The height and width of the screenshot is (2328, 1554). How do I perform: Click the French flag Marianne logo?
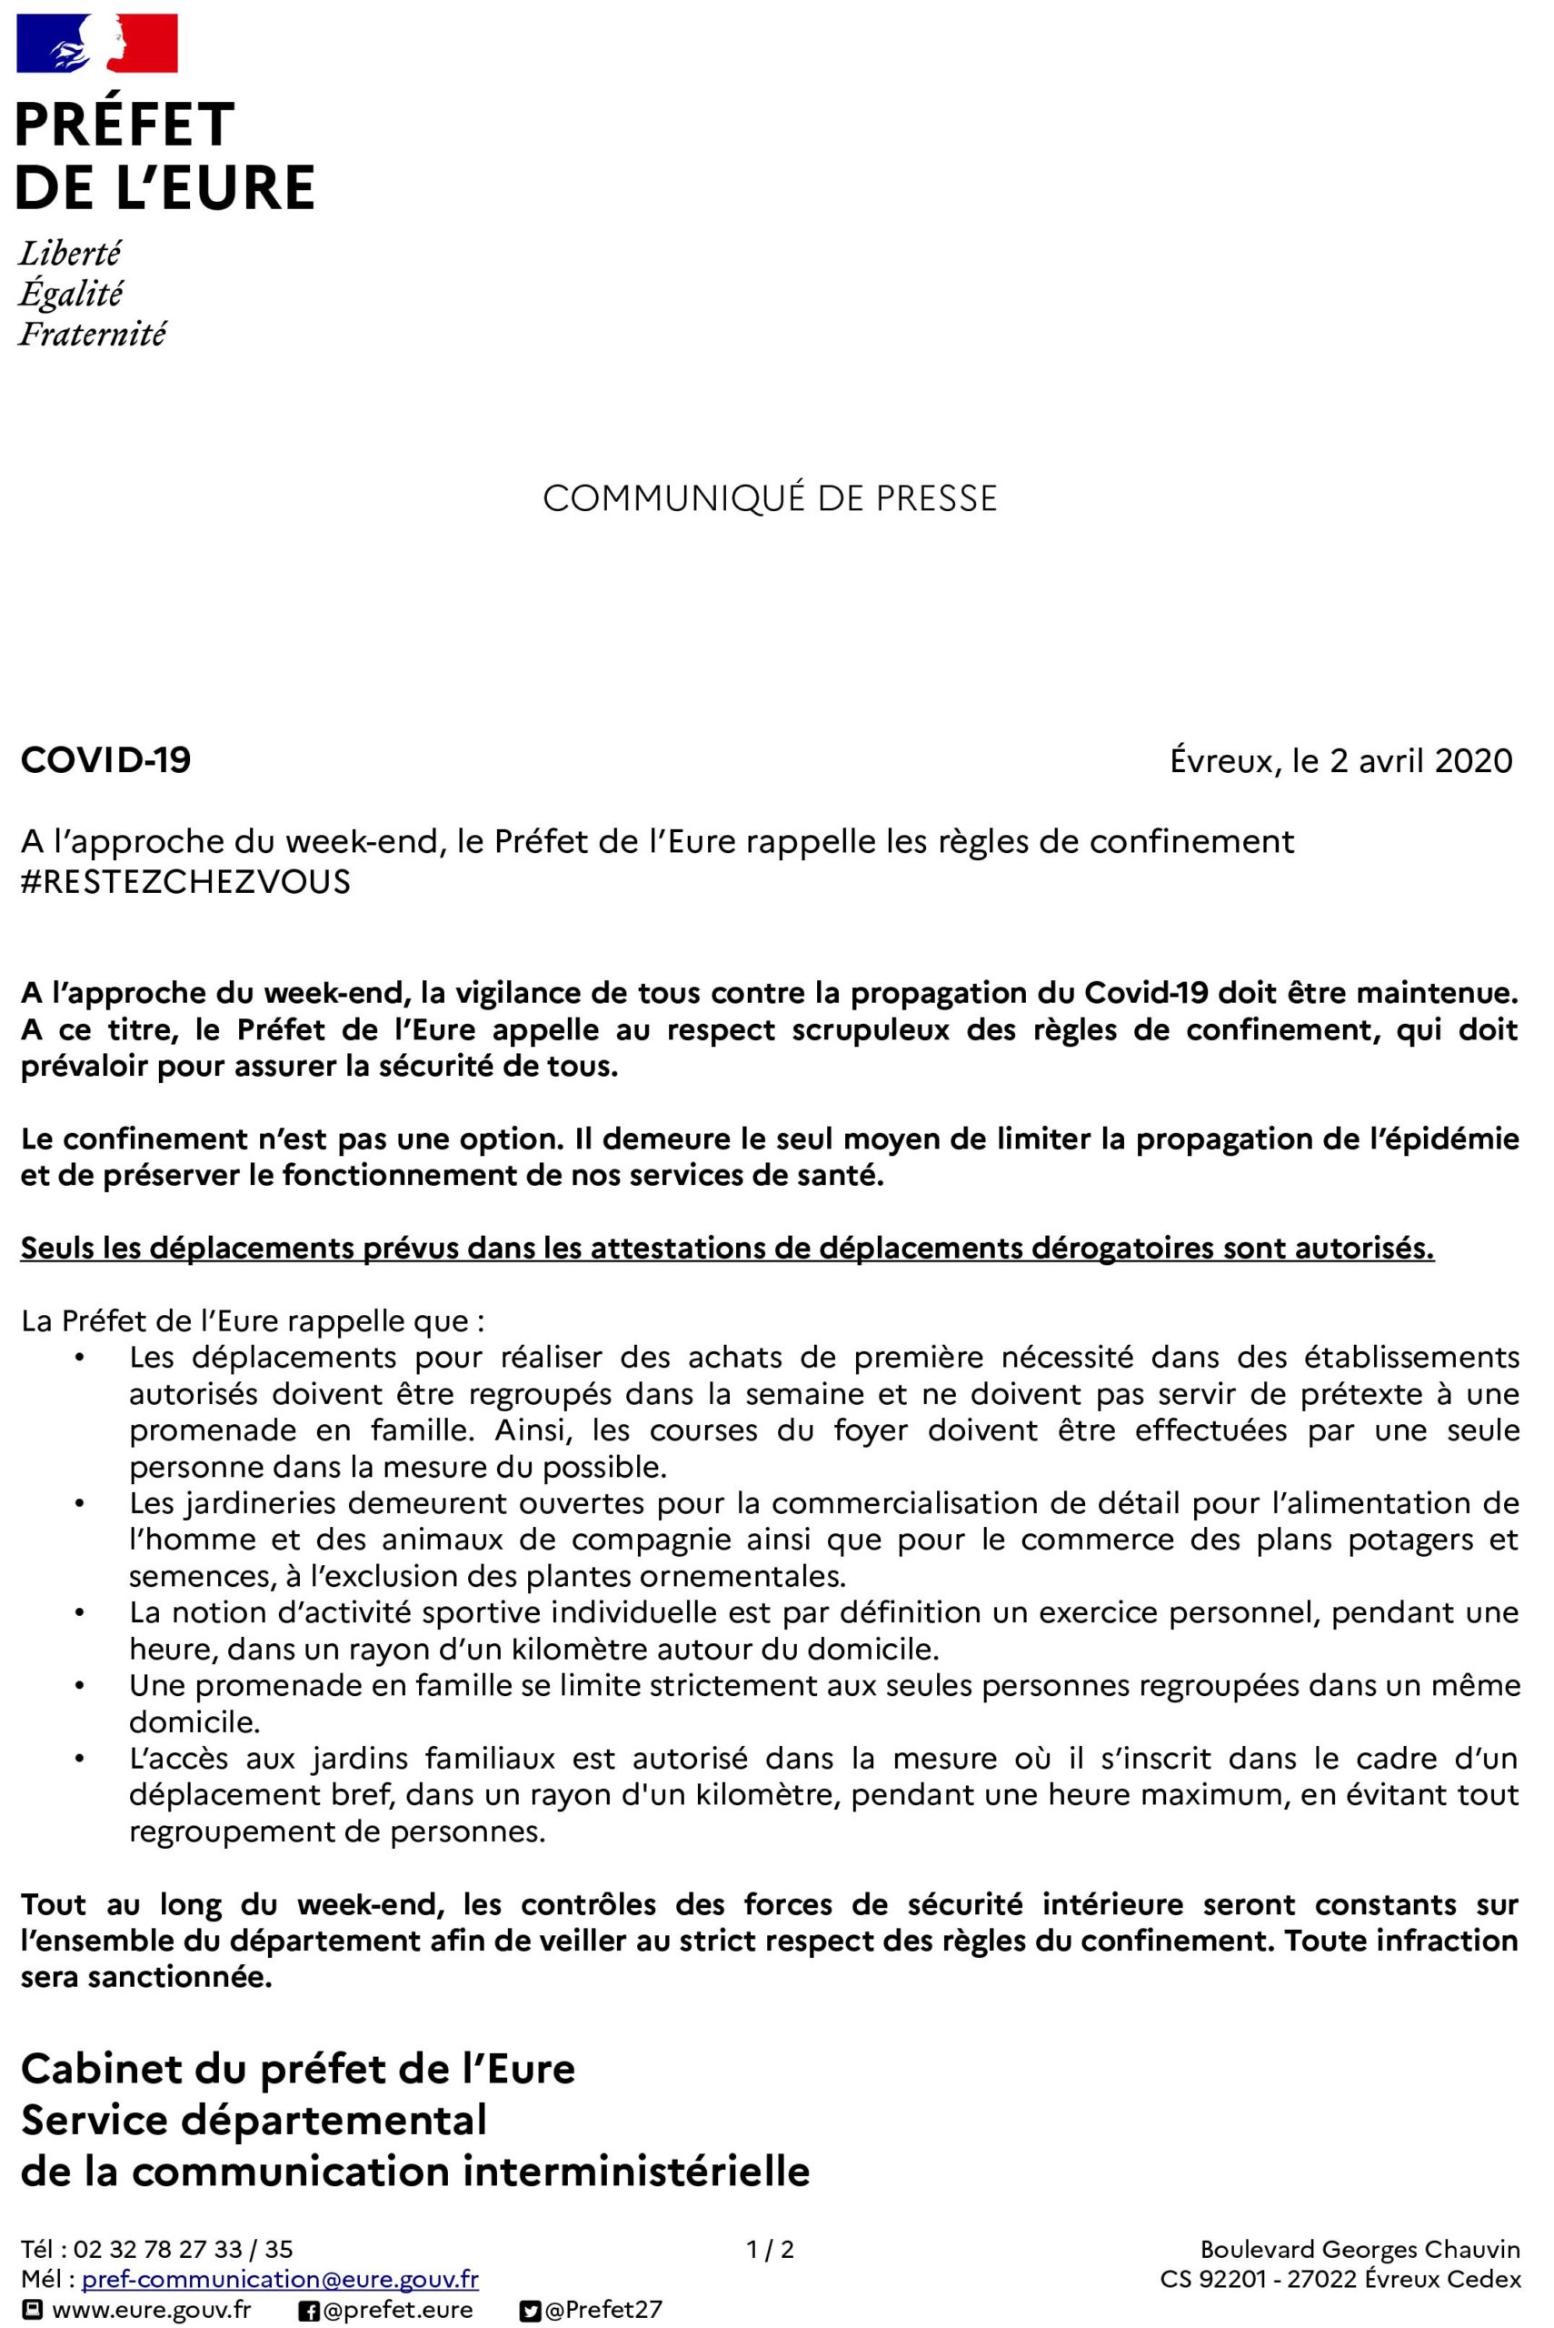[x=97, y=43]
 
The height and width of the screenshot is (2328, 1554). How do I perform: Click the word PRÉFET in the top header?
[x=125, y=125]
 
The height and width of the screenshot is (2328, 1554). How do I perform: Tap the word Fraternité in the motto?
[x=92, y=334]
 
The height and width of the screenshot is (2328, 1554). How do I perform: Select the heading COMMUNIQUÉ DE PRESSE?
[x=770, y=498]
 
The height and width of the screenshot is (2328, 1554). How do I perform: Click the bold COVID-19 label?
[x=106, y=760]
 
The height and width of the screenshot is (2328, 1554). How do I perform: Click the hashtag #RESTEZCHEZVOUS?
[x=186, y=881]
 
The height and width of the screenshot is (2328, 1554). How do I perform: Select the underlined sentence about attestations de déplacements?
[x=727, y=1249]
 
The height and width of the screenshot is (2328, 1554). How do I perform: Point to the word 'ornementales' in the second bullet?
[x=742, y=1577]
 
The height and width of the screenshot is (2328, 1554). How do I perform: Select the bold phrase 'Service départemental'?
[x=254, y=2121]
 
